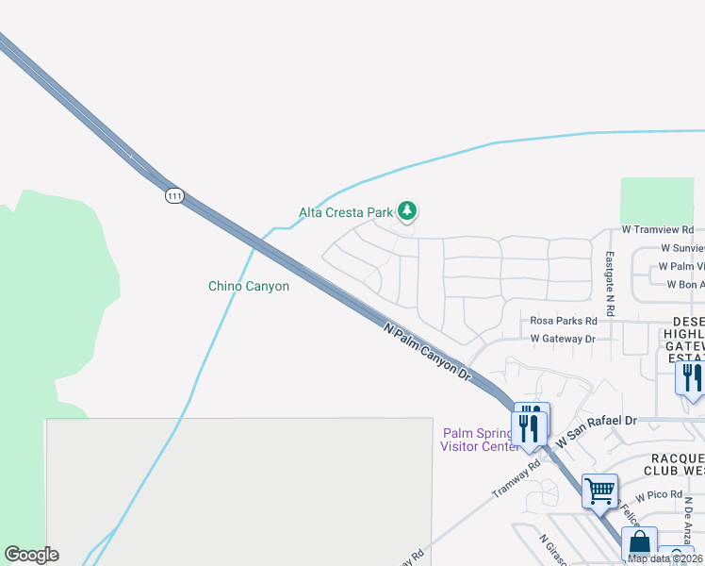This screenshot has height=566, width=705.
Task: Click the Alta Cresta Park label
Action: [345, 212]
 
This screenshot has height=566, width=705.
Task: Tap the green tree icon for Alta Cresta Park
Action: [407, 210]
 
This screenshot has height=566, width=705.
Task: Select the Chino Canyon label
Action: [248, 286]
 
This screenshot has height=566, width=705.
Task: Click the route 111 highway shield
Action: [173, 195]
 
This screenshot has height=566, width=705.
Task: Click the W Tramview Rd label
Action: [657, 229]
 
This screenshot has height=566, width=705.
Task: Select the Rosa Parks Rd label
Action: [564, 321]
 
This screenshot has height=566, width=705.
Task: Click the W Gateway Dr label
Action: [563, 338]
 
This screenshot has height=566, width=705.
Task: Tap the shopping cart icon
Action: [599, 491]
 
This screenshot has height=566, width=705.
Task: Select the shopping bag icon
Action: [639, 544]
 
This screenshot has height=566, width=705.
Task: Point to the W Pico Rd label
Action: [658, 495]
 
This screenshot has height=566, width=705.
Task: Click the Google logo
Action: [31, 555]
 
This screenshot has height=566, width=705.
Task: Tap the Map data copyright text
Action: [664, 558]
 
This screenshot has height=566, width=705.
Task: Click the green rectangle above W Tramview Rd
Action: [656, 199]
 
